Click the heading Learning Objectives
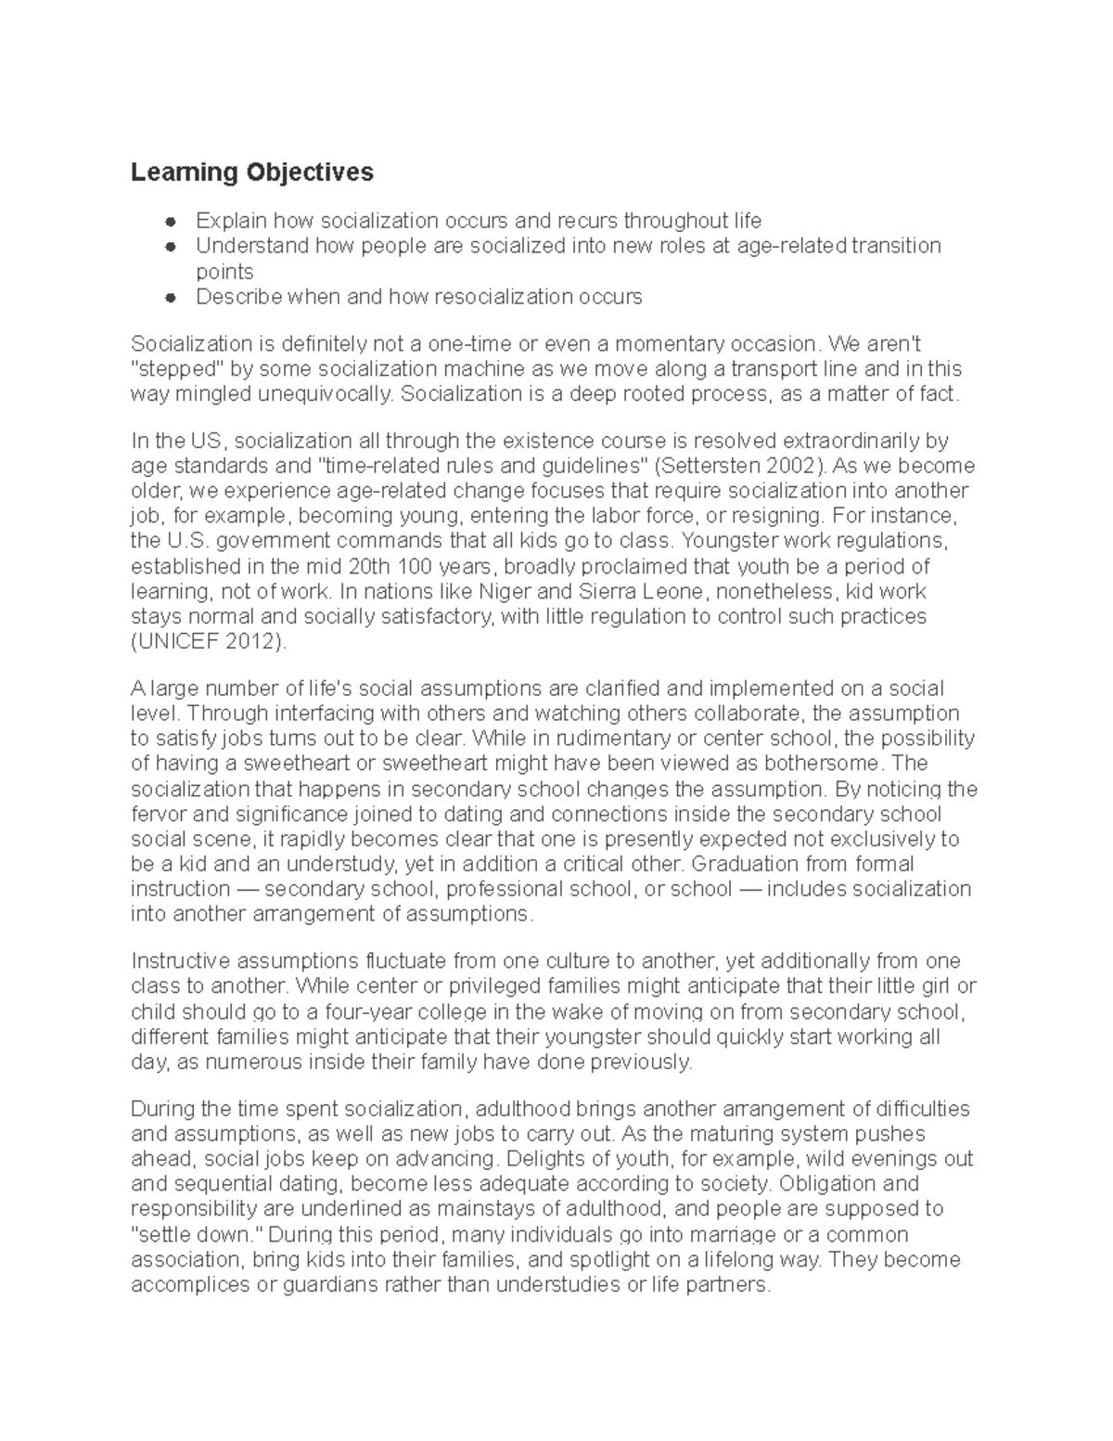(x=251, y=173)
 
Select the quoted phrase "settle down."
(x=194, y=1235)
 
